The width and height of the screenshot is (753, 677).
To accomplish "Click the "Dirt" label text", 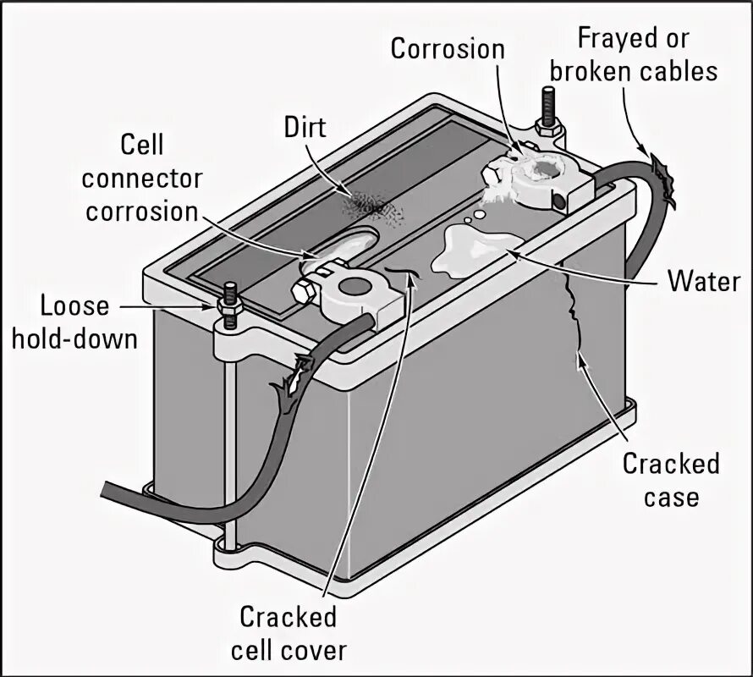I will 305,127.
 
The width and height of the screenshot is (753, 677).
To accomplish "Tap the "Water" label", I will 704,281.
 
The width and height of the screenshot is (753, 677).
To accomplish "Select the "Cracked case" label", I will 670,479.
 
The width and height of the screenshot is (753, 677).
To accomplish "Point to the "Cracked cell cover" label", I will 288,633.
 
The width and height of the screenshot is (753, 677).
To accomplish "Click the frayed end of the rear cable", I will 665,177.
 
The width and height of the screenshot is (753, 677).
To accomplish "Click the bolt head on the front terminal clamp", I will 304,292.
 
